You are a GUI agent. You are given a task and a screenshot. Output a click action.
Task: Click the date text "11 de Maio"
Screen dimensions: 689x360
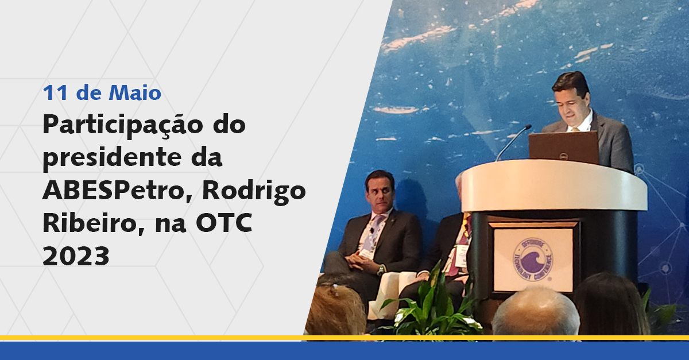[102, 92]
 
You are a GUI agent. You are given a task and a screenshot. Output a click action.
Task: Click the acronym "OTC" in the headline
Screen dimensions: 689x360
[224, 224]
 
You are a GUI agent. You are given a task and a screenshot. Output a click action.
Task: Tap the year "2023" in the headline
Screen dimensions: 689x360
[76, 256]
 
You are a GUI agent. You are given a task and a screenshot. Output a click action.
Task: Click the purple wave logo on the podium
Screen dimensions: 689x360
[533, 259]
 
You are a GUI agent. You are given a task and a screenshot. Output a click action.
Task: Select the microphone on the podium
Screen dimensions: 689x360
[513, 142]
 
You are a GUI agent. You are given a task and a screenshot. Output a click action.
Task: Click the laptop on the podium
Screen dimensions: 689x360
[564, 148]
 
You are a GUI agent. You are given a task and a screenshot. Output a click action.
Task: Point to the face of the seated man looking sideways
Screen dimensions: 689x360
[381, 195]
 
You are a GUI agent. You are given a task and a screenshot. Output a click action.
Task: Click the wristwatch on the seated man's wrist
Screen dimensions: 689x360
[381, 270]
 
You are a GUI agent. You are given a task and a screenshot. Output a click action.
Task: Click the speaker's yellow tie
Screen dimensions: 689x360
[575, 129]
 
